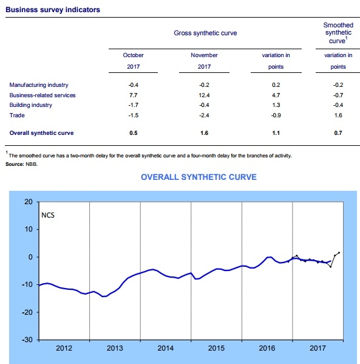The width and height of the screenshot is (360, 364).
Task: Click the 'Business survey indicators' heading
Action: [x=53, y=10]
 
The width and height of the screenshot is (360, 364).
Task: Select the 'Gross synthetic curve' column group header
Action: [x=205, y=33]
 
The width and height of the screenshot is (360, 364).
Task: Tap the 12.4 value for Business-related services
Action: [x=204, y=95]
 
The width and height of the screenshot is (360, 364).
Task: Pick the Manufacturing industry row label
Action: [x=39, y=85]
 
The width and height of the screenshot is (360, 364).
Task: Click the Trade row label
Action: [x=17, y=115]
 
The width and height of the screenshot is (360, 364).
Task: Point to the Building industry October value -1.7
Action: [x=134, y=105]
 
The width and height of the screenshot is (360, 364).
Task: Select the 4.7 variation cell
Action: [x=276, y=95]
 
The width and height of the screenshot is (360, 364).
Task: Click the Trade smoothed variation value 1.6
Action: [x=338, y=115]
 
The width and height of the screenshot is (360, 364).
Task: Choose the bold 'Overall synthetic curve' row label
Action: [x=41, y=133]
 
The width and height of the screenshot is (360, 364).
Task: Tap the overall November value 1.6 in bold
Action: [x=204, y=133]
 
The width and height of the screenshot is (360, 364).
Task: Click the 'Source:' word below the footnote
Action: [x=15, y=164]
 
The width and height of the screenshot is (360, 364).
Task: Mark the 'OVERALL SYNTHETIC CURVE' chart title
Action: [x=199, y=177]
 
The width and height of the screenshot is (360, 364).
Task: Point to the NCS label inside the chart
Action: [x=48, y=215]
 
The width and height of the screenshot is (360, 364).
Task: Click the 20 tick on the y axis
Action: [x=29, y=202]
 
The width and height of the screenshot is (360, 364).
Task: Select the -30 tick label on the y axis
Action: [x=27, y=340]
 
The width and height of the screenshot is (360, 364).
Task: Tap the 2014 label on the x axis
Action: [x=165, y=348]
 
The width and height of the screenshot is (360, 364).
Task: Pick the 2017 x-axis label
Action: [x=318, y=348]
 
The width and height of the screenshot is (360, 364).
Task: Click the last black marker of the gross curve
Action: [x=339, y=253]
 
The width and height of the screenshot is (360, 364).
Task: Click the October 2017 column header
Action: [x=134, y=61]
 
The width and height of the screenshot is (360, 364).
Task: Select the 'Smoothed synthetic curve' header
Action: [x=338, y=33]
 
